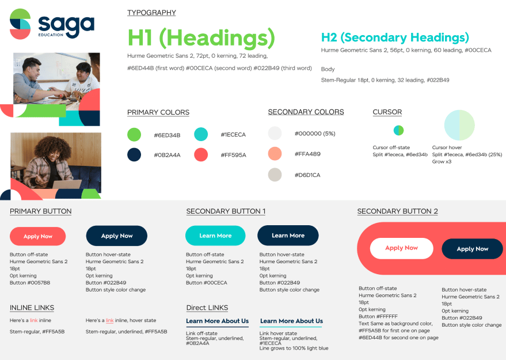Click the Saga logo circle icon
click(20, 24)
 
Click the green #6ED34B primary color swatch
click(134, 135)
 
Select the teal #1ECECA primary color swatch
click(201, 135)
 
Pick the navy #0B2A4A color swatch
click(134, 154)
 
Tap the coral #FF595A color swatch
click(201, 154)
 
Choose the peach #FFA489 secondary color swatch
click(275, 154)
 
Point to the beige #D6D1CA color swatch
click(275, 175)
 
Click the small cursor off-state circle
click(398, 130)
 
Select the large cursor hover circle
click(459, 125)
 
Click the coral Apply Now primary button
click(38, 236)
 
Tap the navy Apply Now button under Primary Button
click(117, 236)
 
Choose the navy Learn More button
click(288, 235)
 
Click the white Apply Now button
click(401, 248)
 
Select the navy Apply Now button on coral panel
click(472, 249)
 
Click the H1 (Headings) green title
click(201, 38)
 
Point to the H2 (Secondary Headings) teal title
click(394, 38)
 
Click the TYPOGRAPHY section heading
click(151, 13)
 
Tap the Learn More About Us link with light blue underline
click(291, 321)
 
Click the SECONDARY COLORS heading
click(306, 112)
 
